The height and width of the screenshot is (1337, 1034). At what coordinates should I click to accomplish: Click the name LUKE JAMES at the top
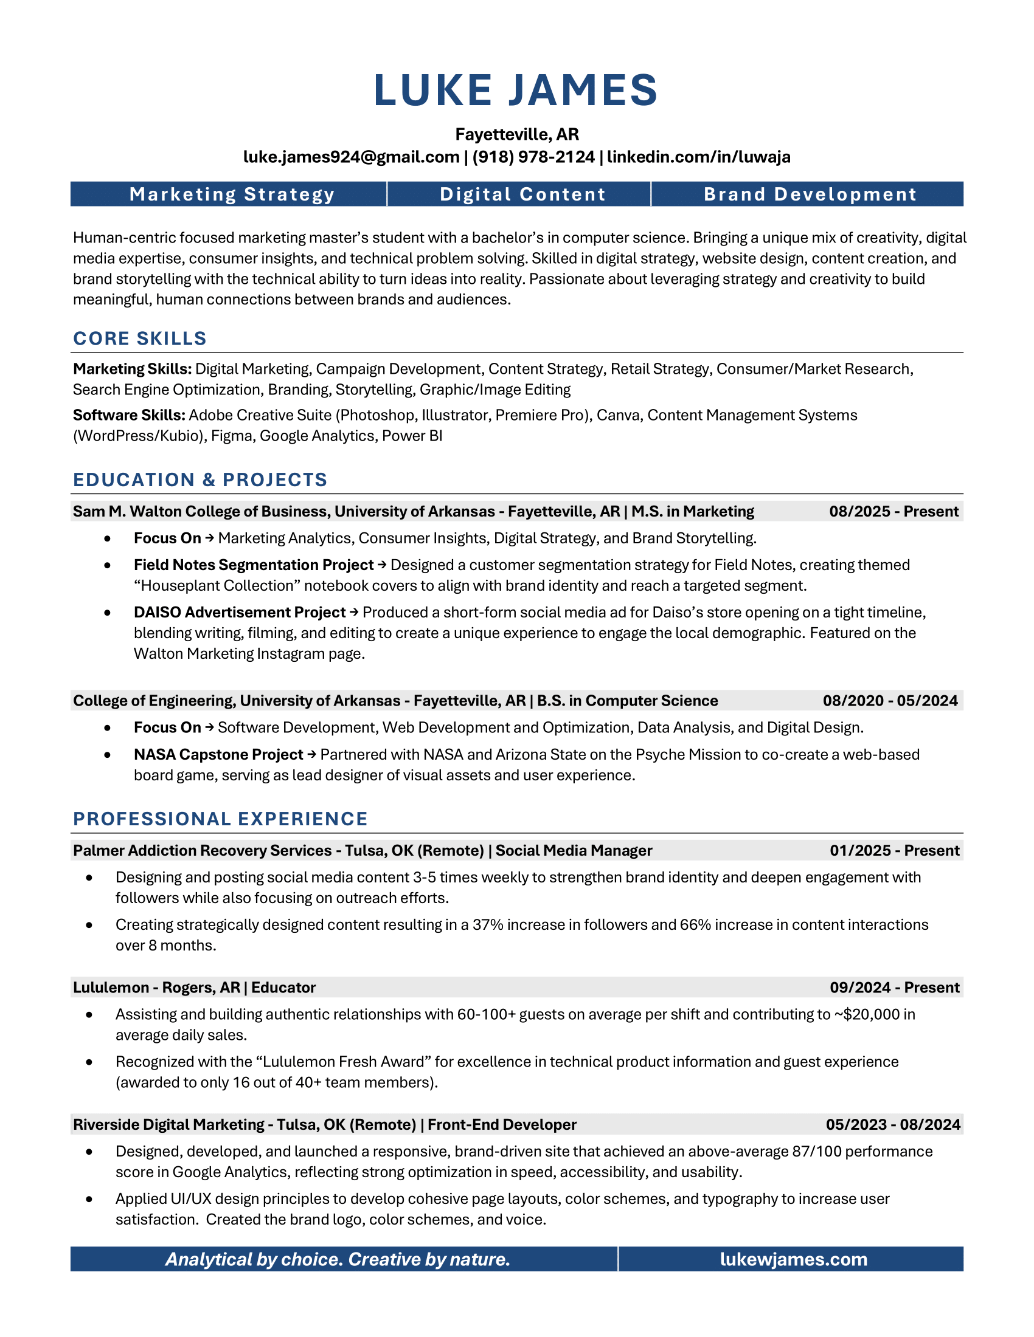tap(516, 91)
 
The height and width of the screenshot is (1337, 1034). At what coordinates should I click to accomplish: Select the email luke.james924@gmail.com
tap(351, 157)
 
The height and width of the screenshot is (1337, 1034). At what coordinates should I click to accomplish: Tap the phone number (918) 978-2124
tap(533, 157)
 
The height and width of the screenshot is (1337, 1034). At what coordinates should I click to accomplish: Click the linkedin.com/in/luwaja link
tap(698, 157)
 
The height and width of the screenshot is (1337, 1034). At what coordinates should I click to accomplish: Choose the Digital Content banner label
tap(522, 194)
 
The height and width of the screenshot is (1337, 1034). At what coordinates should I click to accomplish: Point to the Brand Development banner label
tap(810, 194)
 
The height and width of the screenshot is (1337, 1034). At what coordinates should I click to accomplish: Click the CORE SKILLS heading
tap(140, 339)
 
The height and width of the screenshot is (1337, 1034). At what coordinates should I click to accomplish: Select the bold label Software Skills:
tap(128, 415)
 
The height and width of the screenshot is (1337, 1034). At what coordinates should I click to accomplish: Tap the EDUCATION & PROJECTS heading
tap(200, 480)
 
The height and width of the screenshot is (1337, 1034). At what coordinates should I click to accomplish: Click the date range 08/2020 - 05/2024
tap(890, 700)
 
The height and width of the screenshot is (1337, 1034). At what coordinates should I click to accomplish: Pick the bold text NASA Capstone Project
tap(218, 754)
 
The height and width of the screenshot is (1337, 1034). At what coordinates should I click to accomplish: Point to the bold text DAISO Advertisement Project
tap(240, 612)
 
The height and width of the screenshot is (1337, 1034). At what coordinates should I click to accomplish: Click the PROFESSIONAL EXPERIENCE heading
tap(220, 819)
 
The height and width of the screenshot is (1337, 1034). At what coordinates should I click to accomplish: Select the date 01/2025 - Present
tap(894, 850)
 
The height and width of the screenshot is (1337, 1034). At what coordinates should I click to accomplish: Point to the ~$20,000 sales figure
tap(867, 1014)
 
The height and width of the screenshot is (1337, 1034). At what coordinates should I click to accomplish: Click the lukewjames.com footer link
tap(793, 1259)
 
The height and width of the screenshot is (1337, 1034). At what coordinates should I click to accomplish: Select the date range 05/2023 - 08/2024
tap(892, 1124)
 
